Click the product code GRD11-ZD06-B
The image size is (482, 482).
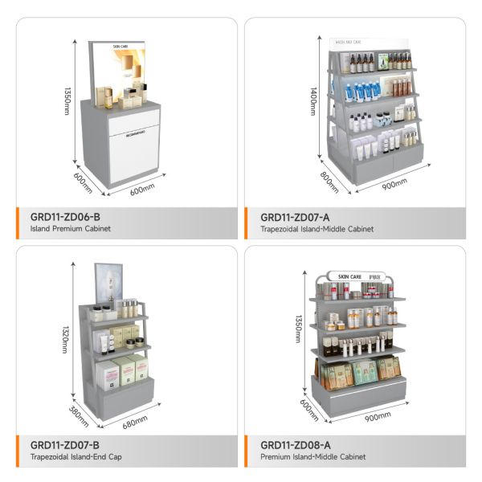pos(65,217)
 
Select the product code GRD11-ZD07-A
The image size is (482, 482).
pos(296,217)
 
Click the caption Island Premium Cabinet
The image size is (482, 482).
pos(71,230)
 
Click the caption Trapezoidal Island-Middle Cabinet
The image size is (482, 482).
pos(317,230)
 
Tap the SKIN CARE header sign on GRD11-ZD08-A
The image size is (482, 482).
pos(353,276)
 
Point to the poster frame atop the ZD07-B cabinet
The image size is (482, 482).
pos(107,283)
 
